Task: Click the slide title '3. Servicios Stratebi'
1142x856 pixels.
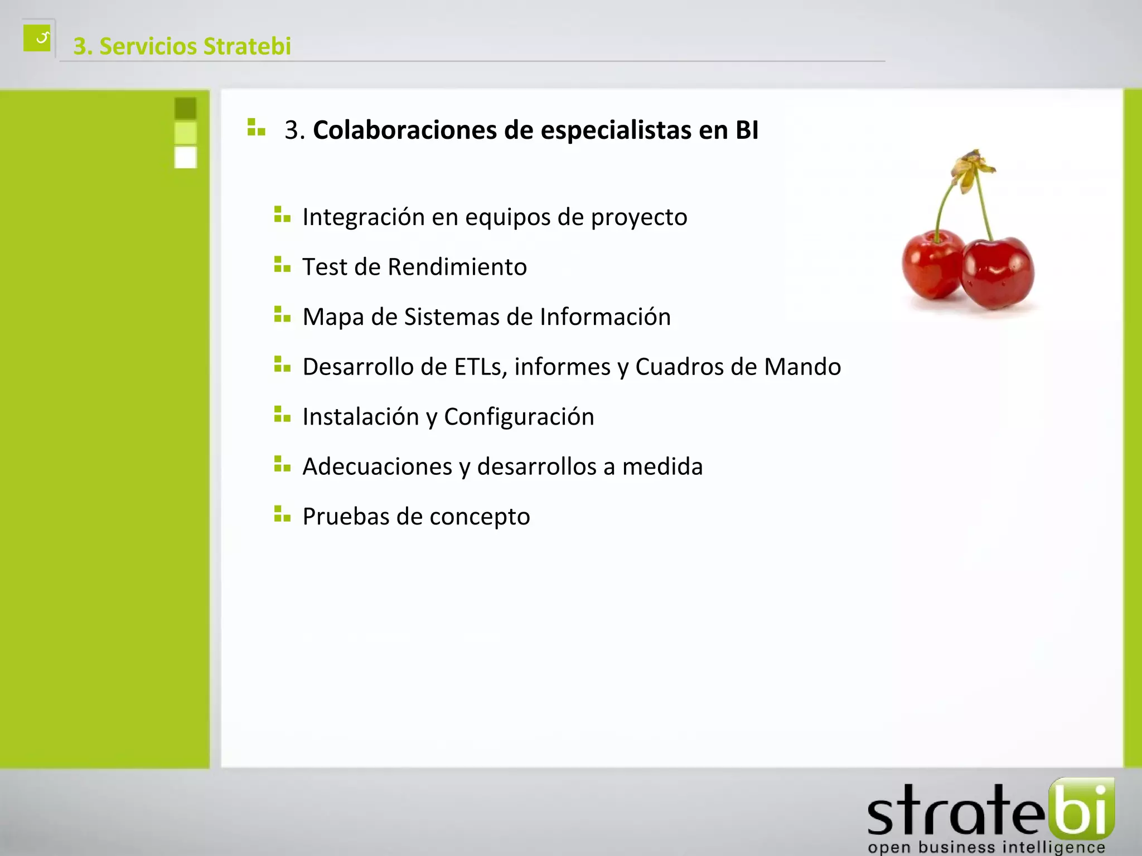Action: point(182,46)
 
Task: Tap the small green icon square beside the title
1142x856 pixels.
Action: point(37,38)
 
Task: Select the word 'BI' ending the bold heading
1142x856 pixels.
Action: point(747,130)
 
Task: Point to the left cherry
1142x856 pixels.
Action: point(932,264)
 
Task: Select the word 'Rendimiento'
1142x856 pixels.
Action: point(457,267)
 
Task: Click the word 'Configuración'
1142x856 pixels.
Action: point(519,417)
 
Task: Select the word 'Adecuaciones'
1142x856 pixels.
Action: point(377,466)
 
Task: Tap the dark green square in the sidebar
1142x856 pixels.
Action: point(186,108)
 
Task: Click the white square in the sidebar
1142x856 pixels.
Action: point(186,157)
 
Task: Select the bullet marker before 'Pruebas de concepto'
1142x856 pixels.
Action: point(282,514)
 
